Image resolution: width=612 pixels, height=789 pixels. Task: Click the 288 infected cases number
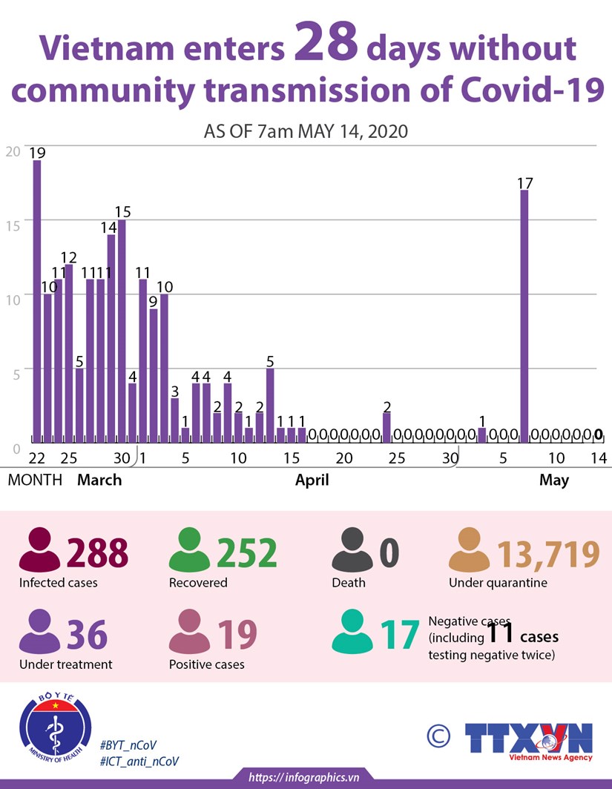point(97,552)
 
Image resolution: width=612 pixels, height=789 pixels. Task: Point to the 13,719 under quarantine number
point(547,553)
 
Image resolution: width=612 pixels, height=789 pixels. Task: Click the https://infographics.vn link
point(304,777)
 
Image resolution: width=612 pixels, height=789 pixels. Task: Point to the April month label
point(312,481)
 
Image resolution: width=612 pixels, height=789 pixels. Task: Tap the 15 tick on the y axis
point(13,220)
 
